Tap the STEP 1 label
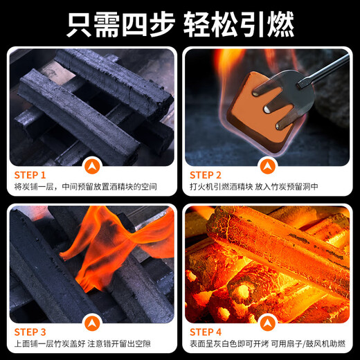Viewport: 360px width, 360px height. (30, 175)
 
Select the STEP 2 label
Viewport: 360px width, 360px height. (206, 175)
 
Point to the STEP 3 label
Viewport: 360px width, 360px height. (30, 332)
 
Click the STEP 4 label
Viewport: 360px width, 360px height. (206, 332)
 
